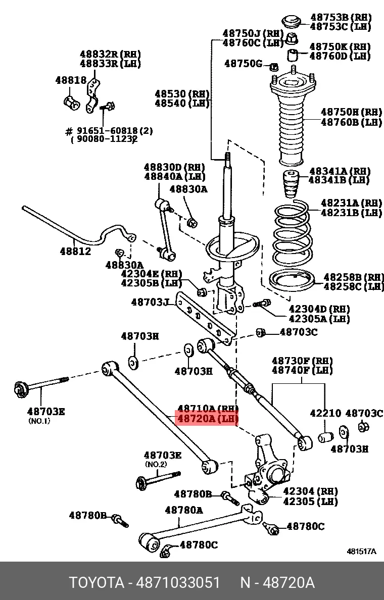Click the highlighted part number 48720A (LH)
206,419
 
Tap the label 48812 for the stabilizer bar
75,251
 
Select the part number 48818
71,80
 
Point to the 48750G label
244,64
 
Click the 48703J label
151,303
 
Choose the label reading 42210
325,413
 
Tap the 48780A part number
183,510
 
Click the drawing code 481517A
361,552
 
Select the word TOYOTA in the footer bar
97,583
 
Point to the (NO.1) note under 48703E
39,421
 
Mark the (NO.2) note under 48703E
156,464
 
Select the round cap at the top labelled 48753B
291,22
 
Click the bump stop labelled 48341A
290,185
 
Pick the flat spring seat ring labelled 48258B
291,280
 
